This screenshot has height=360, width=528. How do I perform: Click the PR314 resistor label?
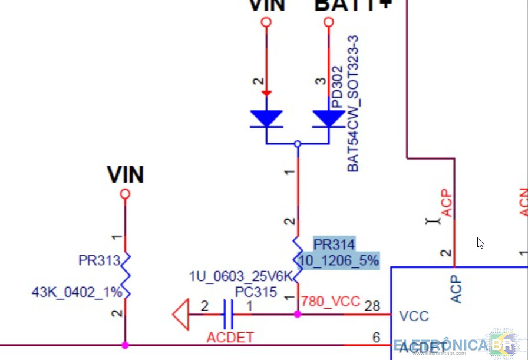click(334, 245)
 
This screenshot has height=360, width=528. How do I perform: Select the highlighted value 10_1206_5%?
click(338, 260)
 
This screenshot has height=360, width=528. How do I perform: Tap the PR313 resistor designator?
click(99, 260)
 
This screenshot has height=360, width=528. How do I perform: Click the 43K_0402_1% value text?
click(77, 292)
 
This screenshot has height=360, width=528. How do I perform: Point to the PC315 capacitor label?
click(256, 292)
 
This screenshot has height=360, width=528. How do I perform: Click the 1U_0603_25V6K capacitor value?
click(240, 276)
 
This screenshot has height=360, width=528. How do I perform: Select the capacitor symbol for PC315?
click(228, 315)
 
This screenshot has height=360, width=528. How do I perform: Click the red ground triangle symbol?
click(181, 315)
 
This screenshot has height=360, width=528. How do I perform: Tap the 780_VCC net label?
click(330, 302)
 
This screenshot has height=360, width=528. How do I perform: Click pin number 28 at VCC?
click(372, 306)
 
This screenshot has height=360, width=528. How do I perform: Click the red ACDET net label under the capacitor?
click(230, 338)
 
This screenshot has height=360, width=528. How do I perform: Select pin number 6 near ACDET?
click(376, 337)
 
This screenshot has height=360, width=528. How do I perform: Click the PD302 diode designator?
click(337, 87)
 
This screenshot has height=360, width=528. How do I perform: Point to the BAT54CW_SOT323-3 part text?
click(353, 103)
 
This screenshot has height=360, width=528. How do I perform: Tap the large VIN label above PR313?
click(126, 175)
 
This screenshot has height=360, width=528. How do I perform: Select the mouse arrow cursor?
click(480, 243)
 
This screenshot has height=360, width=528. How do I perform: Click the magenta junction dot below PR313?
click(125, 345)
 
